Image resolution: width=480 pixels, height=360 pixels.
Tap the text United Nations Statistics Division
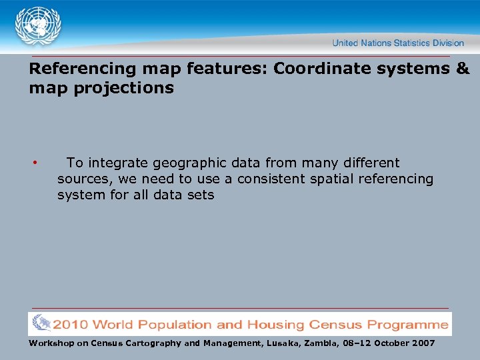click(398, 43)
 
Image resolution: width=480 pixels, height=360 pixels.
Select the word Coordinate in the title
click(318, 69)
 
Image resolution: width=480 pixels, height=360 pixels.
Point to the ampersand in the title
click(463, 69)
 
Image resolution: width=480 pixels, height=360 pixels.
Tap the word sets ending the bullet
click(201, 195)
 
